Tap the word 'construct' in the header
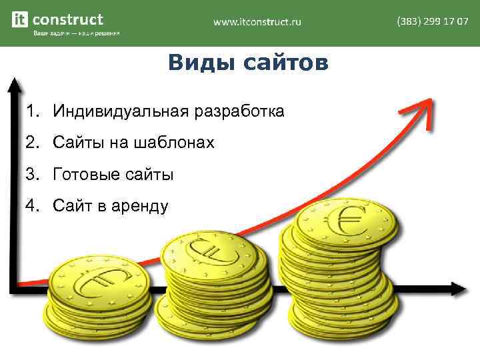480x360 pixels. [68, 19]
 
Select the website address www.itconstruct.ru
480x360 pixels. [257, 22]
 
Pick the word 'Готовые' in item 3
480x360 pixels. [83, 175]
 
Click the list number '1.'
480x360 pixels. [33, 111]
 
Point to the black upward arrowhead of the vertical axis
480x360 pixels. [14, 86]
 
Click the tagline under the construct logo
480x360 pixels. [77, 34]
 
